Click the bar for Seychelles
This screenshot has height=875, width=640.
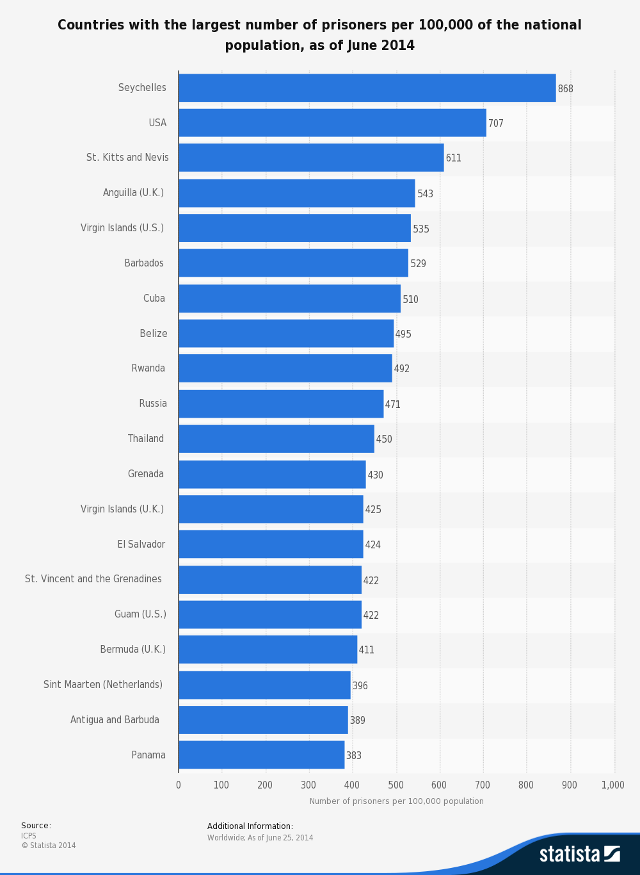pyautogui.click(x=367, y=88)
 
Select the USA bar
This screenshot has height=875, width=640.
pyautogui.click(x=332, y=123)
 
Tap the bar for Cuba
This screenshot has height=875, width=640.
pyautogui.click(x=289, y=298)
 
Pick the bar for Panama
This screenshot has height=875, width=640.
pyautogui.click(x=261, y=755)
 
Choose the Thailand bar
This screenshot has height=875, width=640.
pyautogui.click(x=276, y=439)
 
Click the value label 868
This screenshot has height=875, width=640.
pyautogui.click(x=566, y=88)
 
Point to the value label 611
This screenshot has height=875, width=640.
pyautogui.click(x=454, y=158)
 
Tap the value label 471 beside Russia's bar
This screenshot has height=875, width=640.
pyautogui.click(x=393, y=404)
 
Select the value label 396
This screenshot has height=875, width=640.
pyautogui.click(x=360, y=685)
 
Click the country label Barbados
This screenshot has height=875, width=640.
pyautogui.click(x=144, y=263)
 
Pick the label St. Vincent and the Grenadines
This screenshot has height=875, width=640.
pyautogui.click(x=93, y=579)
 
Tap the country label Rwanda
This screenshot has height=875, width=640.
pyautogui.click(x=148, y=368)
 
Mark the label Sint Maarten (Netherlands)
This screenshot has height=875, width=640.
pyautogui.click(x=103, y=685)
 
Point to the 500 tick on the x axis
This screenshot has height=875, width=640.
pyautogui.click(x=396, y=785)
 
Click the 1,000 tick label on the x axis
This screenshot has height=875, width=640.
pyautogui.click(x=613, y=785)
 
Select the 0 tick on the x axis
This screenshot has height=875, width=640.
pyautogui.click(x=179, y=785)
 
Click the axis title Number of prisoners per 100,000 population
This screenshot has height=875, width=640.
pyautogui.click(x=397, y=801)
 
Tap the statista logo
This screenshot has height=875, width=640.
pyautogui.click(x=579, y=854)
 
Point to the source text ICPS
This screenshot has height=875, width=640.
pyautogui.click(x=29, y=836)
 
